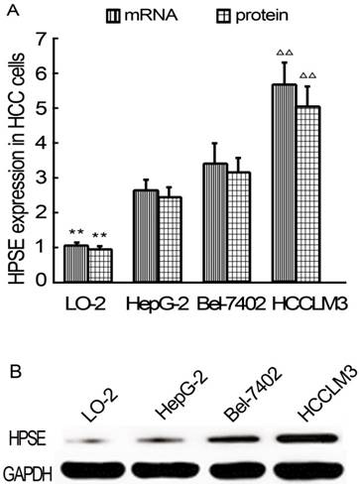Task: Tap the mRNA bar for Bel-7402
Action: pos(216,222)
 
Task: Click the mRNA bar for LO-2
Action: pos(76,263)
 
